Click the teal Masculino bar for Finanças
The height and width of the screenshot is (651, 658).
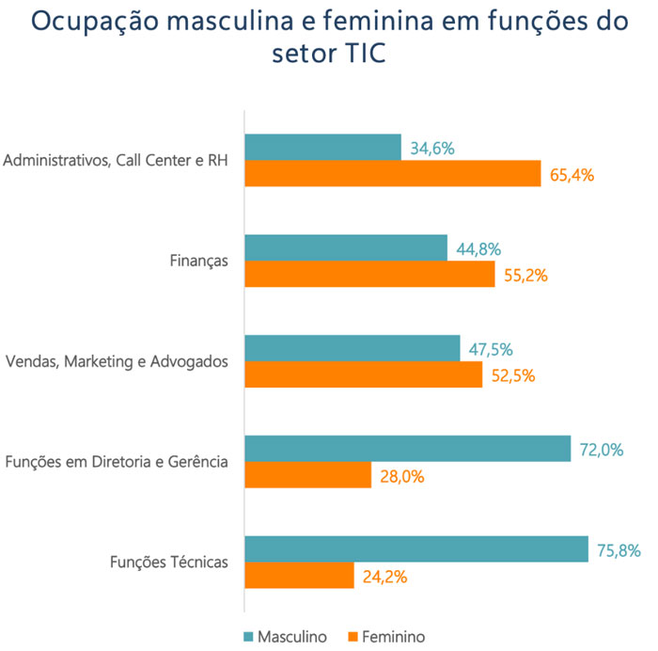[346, 247]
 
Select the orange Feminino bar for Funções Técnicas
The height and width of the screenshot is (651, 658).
[299, 576]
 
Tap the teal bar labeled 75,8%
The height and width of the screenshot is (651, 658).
[416, 549]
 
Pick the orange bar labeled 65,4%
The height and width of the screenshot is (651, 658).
[393, 173]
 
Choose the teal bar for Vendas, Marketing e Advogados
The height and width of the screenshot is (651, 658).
[352, 348]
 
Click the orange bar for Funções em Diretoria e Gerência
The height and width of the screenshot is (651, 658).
[308, 475]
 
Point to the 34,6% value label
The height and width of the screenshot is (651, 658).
[433, 148]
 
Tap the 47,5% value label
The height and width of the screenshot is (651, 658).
[491, 349]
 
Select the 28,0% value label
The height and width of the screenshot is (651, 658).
[400, 476]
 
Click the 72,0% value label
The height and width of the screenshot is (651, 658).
[601, 450]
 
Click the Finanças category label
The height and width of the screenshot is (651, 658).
[199, 261]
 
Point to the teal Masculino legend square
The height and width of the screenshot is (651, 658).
[248, 636]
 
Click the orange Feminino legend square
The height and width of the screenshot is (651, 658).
[353, 636]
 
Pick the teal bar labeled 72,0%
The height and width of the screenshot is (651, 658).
[407, 449]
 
